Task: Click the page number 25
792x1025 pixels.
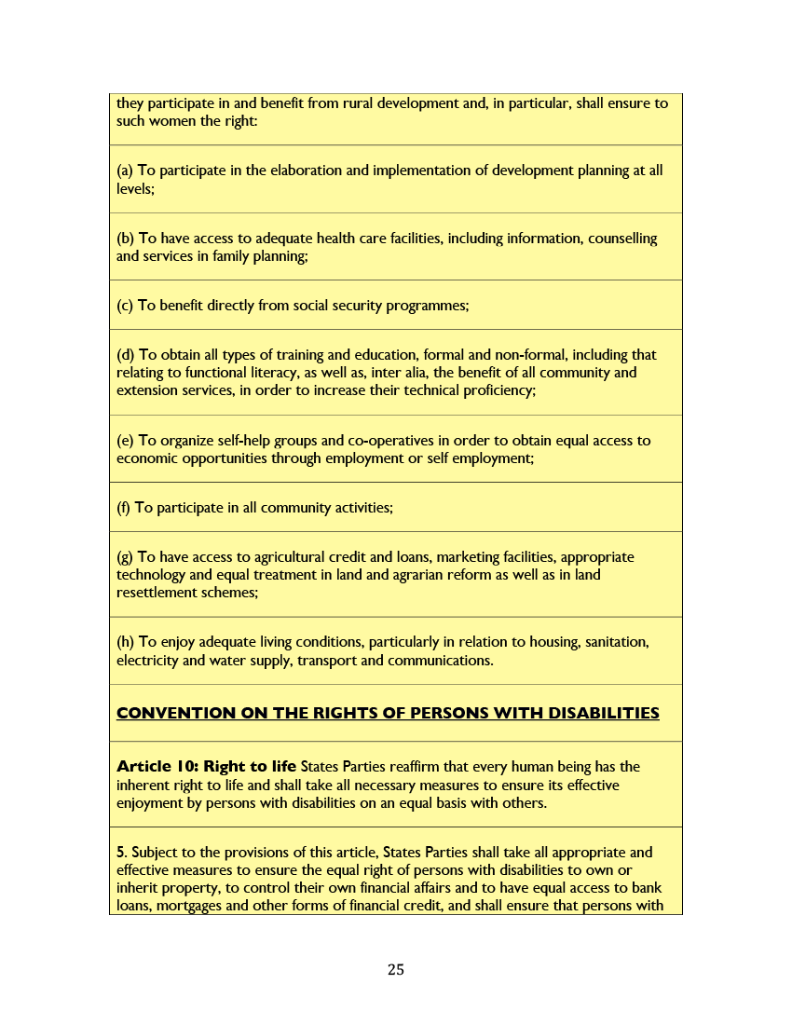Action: [396, 970]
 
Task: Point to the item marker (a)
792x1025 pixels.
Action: [125, 171]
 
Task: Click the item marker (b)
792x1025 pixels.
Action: [125, 239]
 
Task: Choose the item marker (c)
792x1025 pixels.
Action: [125, 306]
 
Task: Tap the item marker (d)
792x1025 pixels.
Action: [125, 355]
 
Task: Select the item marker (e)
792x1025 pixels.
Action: [125, 441]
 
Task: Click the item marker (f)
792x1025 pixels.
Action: [124, 508]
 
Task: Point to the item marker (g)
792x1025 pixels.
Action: [125, 557]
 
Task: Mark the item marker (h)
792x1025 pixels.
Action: [125, 643]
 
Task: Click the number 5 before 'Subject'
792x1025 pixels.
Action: [121, 853]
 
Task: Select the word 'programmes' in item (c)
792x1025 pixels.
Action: [429, 306]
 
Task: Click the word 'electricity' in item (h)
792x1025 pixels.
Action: [147, 661]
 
